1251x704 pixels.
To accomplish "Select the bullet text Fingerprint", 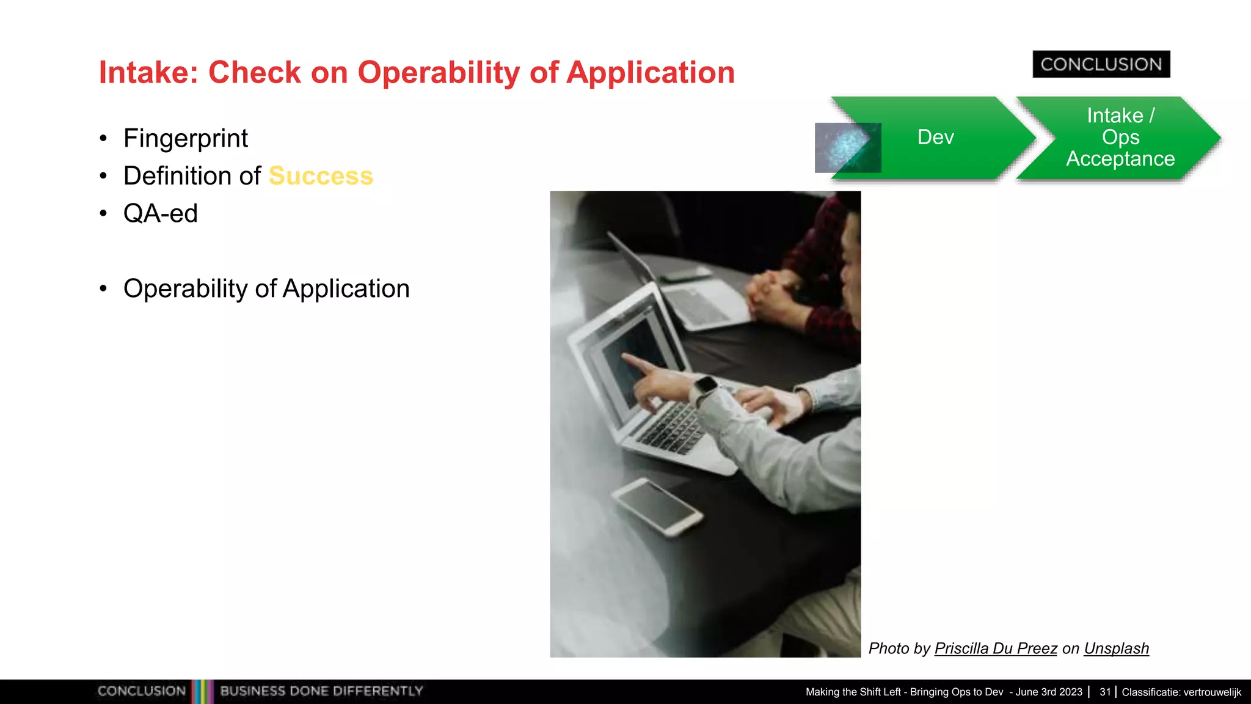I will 185,138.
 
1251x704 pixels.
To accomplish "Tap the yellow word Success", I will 321,176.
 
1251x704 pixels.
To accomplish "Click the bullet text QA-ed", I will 160,214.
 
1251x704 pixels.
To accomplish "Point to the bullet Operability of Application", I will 266,288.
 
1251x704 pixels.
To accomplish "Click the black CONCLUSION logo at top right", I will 1101,64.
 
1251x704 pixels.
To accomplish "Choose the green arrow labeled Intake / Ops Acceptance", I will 1120,137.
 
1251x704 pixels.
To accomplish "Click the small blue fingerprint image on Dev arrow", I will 847,147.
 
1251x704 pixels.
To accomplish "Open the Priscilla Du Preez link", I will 995,648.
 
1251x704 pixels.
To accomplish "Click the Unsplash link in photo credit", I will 1116,648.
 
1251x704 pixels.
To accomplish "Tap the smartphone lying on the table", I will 657,506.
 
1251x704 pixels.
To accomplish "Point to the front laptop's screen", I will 635,367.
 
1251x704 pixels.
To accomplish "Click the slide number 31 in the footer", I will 1104,692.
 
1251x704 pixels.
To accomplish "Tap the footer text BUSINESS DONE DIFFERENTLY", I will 321,691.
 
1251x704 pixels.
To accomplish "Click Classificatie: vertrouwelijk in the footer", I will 1181,692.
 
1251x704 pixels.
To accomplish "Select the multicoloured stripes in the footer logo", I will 202,691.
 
